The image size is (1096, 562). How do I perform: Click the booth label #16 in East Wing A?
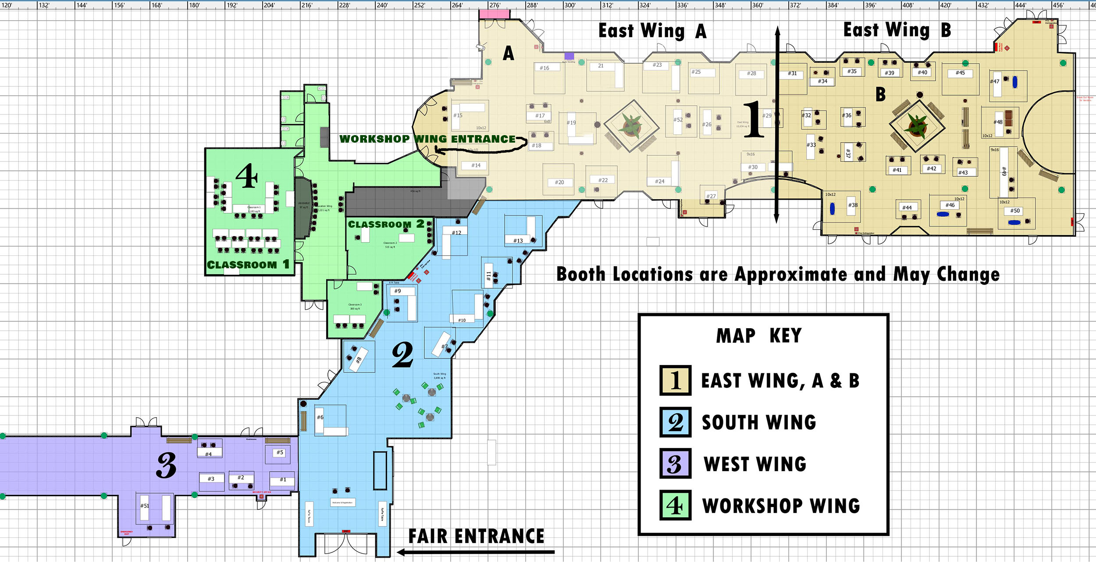click(544, 68)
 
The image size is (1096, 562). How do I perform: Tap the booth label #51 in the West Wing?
click(145, 506)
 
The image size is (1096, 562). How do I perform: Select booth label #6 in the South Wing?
click(320, 417)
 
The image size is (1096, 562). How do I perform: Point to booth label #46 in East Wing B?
click(950, 205)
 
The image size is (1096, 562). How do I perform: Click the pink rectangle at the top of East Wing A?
click(495, 14)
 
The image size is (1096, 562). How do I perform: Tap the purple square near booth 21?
click(569, 56)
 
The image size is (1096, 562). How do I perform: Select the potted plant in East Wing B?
click(917, 125)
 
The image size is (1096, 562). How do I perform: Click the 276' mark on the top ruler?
click(495, 5)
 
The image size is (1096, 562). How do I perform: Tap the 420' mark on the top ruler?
click(945, 5)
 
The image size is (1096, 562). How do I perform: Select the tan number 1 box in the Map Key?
click(676, 380)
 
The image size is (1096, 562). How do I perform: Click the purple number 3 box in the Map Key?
click(676, 464)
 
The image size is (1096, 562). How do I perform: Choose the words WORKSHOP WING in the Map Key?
click(781, 505)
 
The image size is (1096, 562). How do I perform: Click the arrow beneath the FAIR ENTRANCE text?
click(476, 552)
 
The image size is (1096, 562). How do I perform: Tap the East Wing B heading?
click(897, 30)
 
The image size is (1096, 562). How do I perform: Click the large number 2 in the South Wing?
click(402, 354)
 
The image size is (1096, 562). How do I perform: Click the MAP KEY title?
click(759, 336)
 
